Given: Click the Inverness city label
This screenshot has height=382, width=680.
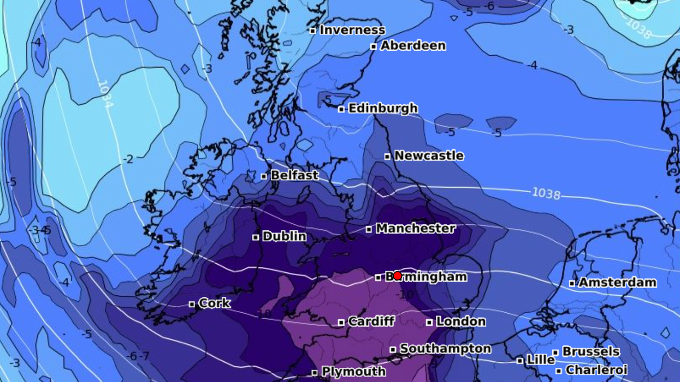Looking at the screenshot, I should click(x=352, y=30).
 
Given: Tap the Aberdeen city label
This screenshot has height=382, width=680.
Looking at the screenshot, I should click(x=413, y=46).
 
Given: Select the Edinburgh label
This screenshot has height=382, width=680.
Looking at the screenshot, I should click(x=383, y=109).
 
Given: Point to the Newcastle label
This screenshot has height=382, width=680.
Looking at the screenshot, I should click(x=429, y=156).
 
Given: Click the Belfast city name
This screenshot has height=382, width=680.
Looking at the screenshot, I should click(x=294, y=176).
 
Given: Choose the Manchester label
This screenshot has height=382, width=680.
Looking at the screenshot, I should click(x=415, y=229).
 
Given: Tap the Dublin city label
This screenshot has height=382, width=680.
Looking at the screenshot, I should click(x=284, y=237).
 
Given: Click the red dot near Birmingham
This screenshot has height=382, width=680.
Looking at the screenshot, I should click(x=398, y=276).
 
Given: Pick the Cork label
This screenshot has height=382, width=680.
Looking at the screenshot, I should click(x=214, y=303).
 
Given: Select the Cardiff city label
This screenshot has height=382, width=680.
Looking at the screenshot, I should click(x=371, y=321).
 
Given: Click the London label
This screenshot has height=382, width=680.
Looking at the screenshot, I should click(x=460, y=321).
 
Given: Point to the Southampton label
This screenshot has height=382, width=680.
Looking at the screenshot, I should click(x=445, y=348).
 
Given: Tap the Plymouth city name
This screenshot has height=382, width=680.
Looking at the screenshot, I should click(x=353, y=372).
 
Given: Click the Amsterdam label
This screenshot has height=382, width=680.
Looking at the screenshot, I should click(x=617, y=283).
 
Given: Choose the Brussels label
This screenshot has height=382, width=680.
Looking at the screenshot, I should click(x=591, y=351).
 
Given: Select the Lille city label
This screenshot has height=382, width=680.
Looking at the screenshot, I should click(x=540, y=360).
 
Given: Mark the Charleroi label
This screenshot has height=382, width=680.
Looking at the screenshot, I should click(x=596, y=370).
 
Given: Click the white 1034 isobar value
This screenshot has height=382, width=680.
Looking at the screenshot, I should click(x=105, y=94).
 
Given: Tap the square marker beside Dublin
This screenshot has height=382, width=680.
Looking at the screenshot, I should click(x=256, y=237).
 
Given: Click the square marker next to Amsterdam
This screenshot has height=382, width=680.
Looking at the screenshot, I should click(x=572, y=283).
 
